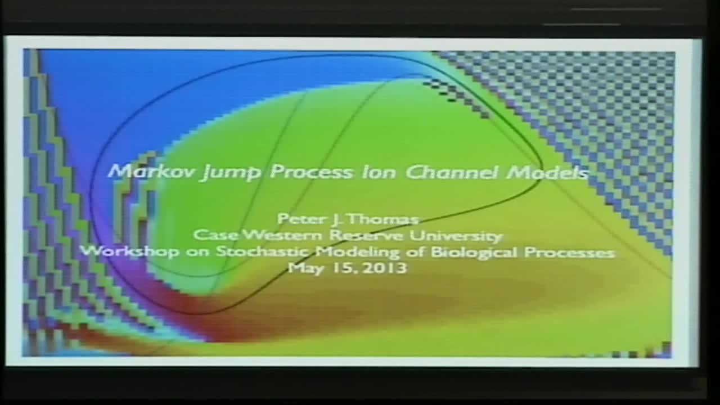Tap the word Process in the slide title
(304, 172)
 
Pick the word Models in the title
(547, 172)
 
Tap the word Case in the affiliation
(211, 235)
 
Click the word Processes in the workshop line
(569, 252)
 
